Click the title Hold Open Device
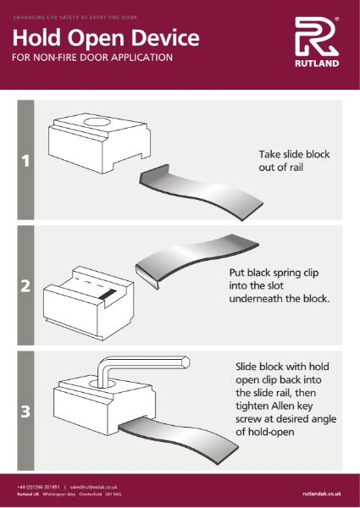tap(106, 38)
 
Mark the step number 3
tap(25, 412)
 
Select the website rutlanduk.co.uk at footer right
tap(321, 492)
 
